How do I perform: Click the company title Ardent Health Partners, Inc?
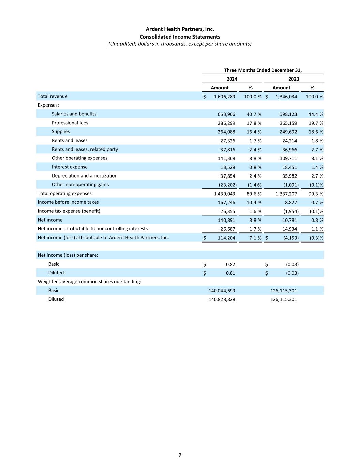(180, 29)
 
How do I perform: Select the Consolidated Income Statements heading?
(180, 37)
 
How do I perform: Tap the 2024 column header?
(232, 79)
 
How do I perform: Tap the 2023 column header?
(293, 79)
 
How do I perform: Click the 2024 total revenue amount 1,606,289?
(224, 97)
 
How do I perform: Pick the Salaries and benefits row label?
(74, 114)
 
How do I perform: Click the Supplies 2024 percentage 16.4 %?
(253, 132)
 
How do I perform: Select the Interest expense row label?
(70, 167)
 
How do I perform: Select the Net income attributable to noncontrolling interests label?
(92, 229)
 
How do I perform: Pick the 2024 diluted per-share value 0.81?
(230, 273)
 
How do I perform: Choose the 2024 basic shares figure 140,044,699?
(222, 291)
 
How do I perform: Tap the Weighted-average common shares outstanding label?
(89, 282)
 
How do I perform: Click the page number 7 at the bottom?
(180, 455)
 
